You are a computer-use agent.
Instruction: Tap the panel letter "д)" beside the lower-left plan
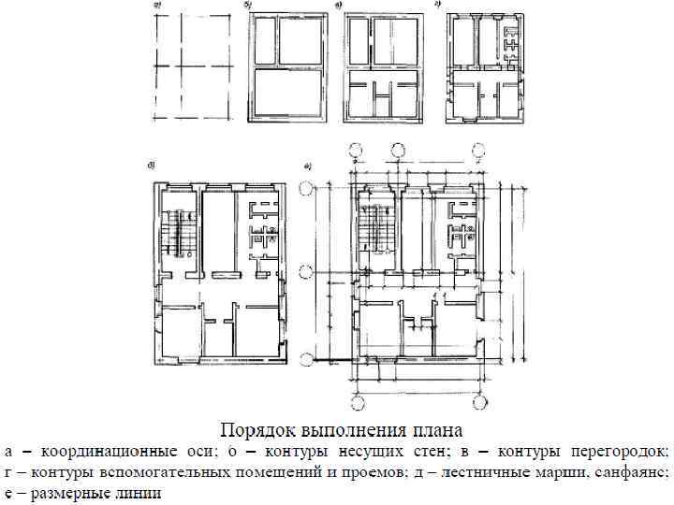click(150, 166)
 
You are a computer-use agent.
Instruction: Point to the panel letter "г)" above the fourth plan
click(437, 6)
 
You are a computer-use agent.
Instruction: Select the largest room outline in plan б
click(287, 94)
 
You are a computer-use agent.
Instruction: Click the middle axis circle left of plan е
click(305, 272)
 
